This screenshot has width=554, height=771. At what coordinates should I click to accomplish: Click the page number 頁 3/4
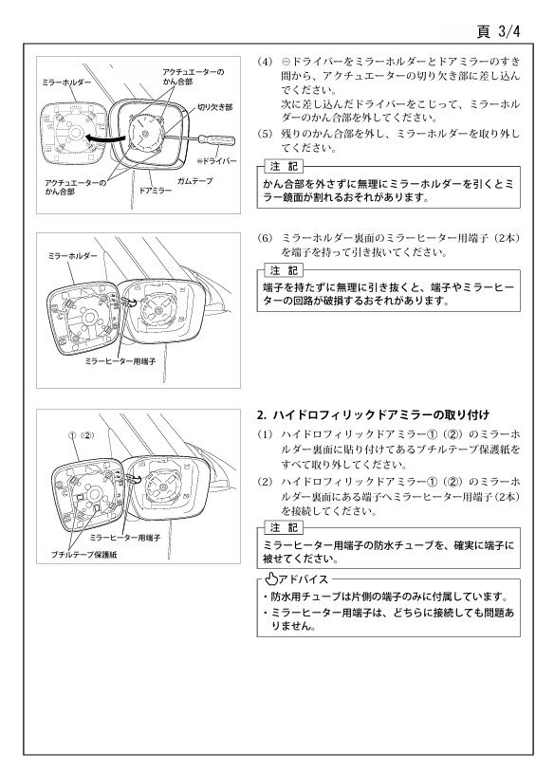498,31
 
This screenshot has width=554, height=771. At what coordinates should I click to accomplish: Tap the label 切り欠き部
215,107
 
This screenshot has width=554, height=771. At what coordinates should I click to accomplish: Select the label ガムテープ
195,181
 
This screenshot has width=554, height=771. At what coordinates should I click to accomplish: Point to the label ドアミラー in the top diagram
156,191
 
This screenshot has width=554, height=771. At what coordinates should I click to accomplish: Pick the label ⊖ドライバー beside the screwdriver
216,161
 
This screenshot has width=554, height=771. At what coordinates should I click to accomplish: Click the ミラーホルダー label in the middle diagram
73,256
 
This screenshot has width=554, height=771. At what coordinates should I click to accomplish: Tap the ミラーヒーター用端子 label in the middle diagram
120,361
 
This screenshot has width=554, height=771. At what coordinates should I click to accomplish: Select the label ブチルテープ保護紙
84,555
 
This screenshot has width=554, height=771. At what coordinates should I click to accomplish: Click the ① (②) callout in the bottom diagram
81,435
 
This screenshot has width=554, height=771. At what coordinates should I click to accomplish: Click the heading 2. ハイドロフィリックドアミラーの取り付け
373,415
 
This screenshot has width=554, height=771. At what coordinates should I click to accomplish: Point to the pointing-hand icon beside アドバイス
271,579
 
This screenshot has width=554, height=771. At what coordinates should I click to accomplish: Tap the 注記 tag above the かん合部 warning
284,167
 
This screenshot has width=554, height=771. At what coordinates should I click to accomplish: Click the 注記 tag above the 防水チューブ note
284,528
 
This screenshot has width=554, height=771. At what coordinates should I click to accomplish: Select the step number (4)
265,62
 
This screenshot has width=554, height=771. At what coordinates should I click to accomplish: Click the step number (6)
265,238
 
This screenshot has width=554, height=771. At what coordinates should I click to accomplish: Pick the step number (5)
265,134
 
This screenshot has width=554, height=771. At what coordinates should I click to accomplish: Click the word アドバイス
303,579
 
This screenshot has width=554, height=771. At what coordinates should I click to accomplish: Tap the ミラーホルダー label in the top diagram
66,83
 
